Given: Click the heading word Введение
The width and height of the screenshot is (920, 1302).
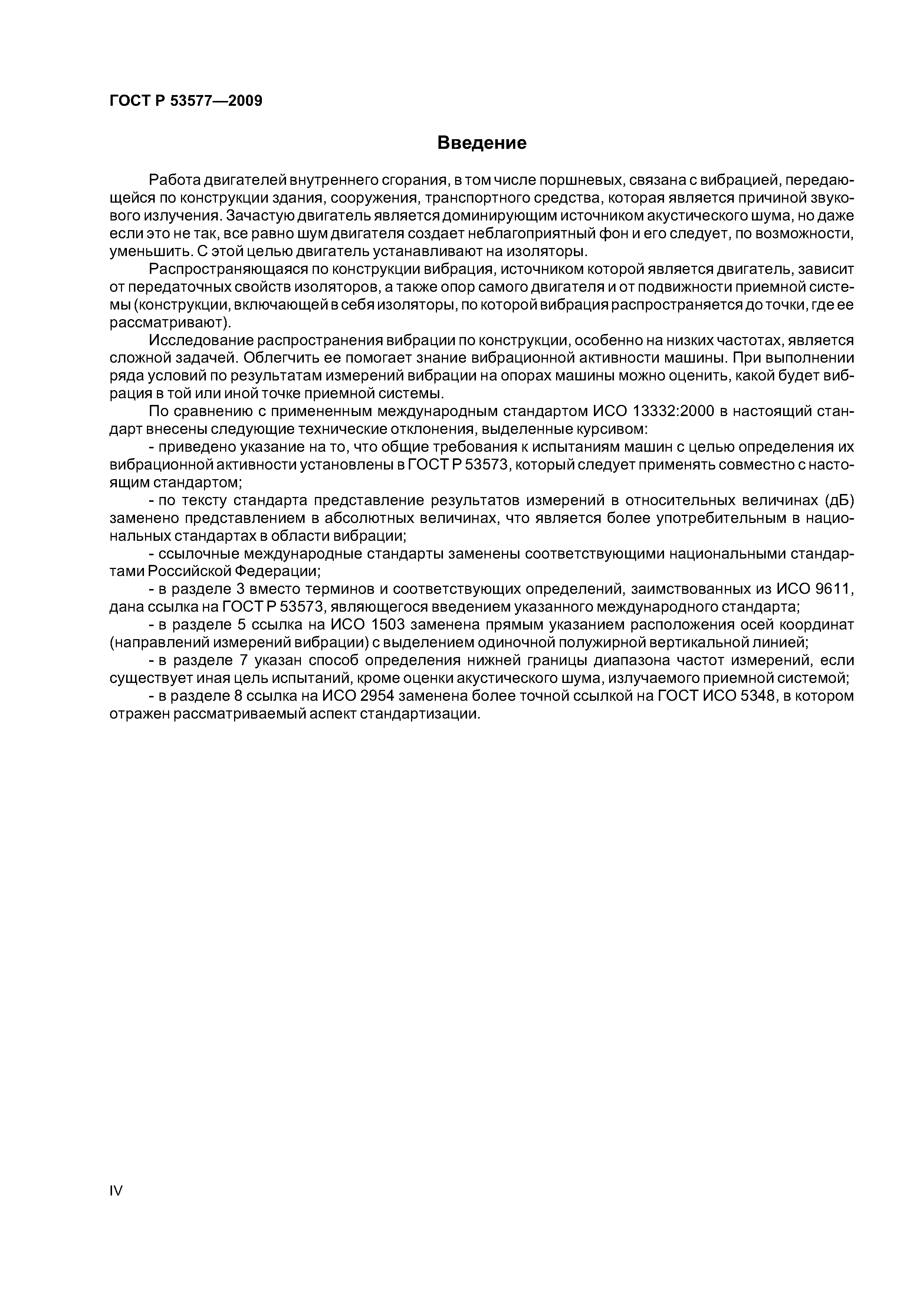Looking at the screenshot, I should coord(482,143).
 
